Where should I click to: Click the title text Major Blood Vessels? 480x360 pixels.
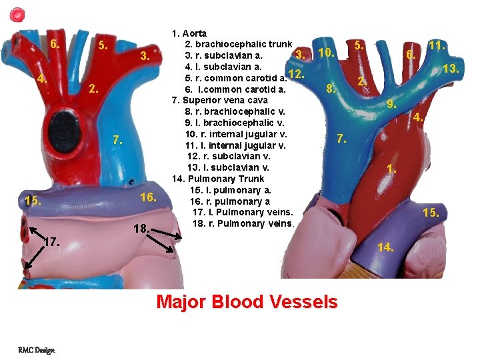coord(247,302)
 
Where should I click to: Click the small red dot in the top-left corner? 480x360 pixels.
coord(18,13)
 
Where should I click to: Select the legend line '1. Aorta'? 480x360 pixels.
coord(189,33)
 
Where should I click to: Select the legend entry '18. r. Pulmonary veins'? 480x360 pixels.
coord(243,223)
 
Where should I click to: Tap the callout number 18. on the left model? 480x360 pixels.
coord(140,228)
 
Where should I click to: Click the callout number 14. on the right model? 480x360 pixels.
coord(385,247)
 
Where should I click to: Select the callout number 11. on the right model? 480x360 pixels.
coord(437,46)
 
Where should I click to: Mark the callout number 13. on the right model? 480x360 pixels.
coord(452,69)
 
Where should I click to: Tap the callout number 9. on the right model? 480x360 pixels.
coord(392,104)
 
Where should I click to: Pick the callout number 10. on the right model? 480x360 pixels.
coord(325,53)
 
